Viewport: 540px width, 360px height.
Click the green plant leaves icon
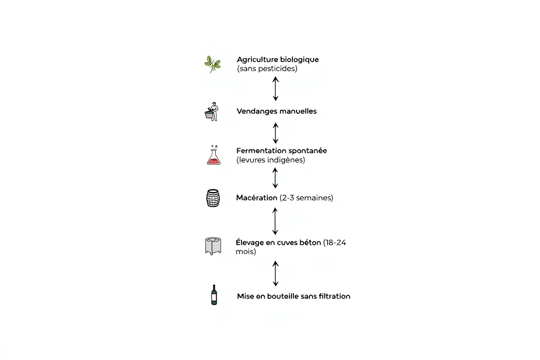pyautogui.click(x=212, y=64)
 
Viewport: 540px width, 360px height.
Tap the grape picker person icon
pyautogui.click(x=212, y=112)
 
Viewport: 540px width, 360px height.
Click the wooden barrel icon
pyautogui.click(x=213, y=198)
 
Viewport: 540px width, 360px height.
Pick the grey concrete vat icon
pyautogui.click(x=213, y=246)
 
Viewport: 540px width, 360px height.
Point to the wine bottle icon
pyautogui.click(x=214, y=295)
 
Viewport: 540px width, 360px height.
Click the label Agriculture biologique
pyautogui.click(x=277, y=59)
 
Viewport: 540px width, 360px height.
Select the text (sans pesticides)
pyautogui.click(x=267, y=69)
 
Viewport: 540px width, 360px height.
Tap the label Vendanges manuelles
pyautogui.click(x=276, y=111)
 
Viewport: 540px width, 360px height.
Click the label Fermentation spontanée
pyautogui.click(x=281, y=151)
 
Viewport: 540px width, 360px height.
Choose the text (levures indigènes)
pyautogui.click(x=270, y=160)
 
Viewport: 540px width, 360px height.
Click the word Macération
pyautogui.click(x=256, y=198)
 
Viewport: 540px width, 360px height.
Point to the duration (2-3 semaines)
pyautogui.click(x=306, y=198)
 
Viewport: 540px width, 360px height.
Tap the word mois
pyautogui.click(x=245, y=252)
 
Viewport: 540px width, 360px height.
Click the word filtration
pyautogui.click(x=334, y=296)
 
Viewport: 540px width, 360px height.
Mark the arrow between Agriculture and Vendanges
pyautogui.click(x=275, y=89)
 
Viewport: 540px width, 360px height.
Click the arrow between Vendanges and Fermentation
pyautogui.click(x=275, y=133)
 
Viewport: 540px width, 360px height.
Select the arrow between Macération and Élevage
pyautogui.click(x=275, y=221)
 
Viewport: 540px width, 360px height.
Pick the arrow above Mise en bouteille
pyautogui.click(x=275, y=273)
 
